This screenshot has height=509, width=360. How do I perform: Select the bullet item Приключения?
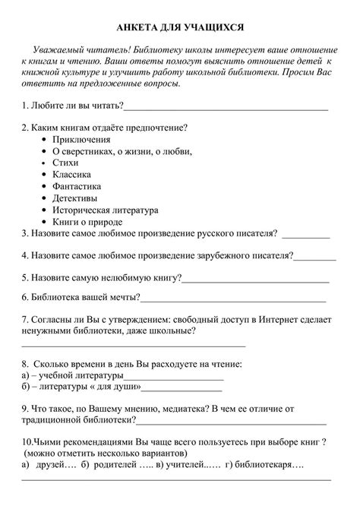pos(81,139)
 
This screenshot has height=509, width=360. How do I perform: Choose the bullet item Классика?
pos(73,174)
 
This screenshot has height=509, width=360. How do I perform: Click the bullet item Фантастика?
pos(78,186)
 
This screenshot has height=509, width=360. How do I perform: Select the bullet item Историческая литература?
pos(105,210)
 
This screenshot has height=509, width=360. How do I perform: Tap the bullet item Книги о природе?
pos(87,221)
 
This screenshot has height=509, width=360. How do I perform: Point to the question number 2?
pos(24,127)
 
